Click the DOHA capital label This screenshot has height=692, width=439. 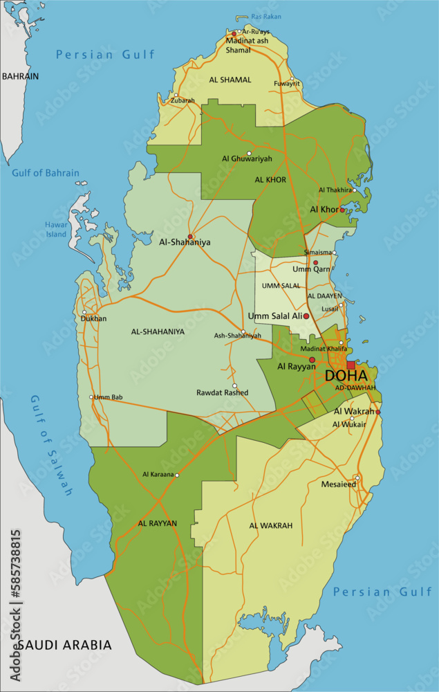(x=346, y=376)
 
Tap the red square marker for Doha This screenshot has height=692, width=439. (x=351, y=365)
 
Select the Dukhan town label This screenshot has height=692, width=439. (x=93, y=319)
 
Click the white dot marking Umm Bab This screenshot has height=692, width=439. (x=91, y=397)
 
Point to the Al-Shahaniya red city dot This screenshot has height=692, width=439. (x=190, y=236)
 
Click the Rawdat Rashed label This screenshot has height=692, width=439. (x=222, y=392)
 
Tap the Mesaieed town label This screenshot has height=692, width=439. (x=338, y=484)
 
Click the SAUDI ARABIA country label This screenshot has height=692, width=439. (x=64, y=645)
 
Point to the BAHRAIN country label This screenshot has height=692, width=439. (x=20, y=76)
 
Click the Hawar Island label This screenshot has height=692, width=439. (x=56, y=229)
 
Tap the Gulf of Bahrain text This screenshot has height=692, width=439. (x=46, y=173)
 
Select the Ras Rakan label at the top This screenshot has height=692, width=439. (x=266, y=17)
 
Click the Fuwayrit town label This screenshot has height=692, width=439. (x=287, y=84)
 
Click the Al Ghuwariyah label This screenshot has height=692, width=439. (x=247, y=158)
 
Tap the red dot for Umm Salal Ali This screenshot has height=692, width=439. (x=306, y=316)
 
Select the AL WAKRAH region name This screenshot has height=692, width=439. (x=271, y=526)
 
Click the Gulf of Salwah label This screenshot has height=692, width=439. (x=51, y=446)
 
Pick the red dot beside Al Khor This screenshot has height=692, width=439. (x=342, y=210)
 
